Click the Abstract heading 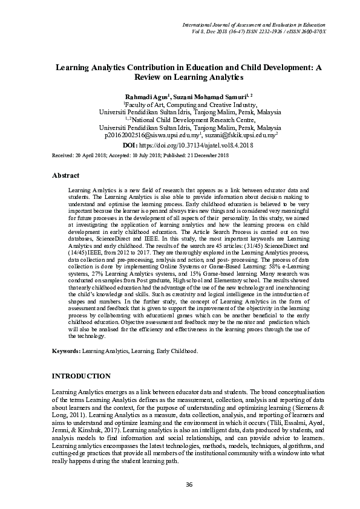pos(66,176)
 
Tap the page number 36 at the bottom pos(189,485)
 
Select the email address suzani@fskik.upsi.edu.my pos(238,137)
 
